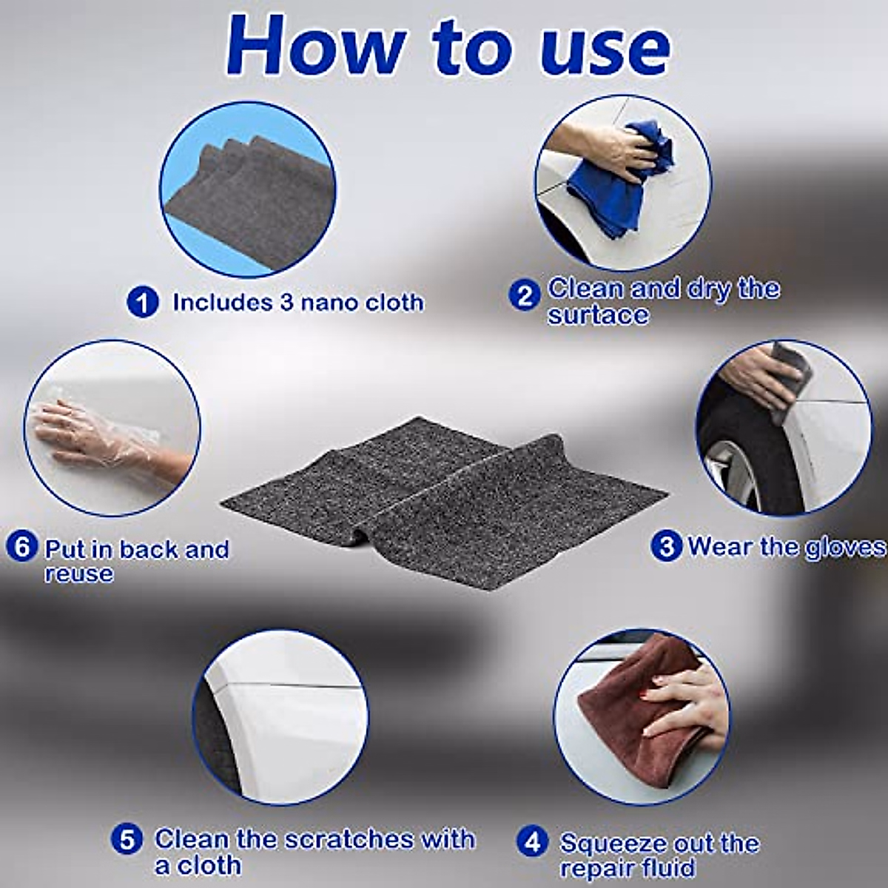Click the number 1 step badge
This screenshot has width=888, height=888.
coord(143,303)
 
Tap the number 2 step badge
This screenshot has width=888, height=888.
coord(525,296)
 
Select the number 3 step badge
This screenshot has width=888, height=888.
coord(666,547)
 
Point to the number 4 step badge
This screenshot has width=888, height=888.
coord(532,844)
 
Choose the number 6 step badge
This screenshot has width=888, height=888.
coord(22,548)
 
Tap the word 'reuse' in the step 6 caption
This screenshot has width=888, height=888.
coord(78,573)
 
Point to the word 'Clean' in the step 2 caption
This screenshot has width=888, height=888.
coord(585,289)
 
